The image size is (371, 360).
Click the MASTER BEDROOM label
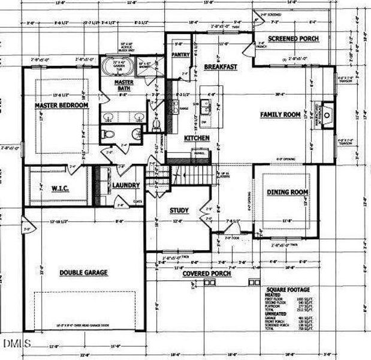click(61, 105)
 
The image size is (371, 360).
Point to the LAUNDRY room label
click(126, 185)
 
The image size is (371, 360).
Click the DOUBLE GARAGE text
click(83, 272)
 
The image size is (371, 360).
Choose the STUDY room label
click(179, 211)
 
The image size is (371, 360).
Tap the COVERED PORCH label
click(206, 274)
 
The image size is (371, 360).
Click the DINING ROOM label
click(287, 192)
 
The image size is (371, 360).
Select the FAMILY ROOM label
click(279, 114)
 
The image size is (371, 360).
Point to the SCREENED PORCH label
click(293, 39)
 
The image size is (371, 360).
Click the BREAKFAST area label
click(221, 67)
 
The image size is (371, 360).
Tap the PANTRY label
click(180, 54)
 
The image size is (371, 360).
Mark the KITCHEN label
click(197, 138)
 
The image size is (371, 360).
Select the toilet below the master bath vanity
click(107, 133)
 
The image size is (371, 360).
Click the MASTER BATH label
click(124, 85)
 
